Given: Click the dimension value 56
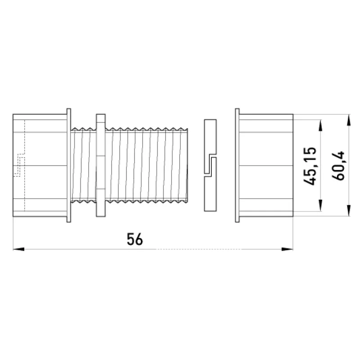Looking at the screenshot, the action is (x=135, y=239).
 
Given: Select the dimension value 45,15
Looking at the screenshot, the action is (x=310, y=166).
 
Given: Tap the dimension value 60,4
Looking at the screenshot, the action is (x=338, y=166).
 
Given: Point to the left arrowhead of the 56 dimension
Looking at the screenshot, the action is (x=18, y=249).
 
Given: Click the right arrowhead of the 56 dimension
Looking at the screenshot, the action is (x=288, y=249).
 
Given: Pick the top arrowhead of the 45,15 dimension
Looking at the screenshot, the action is (x=320, y=126).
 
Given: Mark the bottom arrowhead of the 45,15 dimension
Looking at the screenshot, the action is (x=320, y=205).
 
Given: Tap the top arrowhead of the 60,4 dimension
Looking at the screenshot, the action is (x=349, y=120).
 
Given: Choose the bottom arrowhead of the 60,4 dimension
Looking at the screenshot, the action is (x=349, y=211).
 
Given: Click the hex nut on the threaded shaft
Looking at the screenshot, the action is (x=101, y=165).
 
